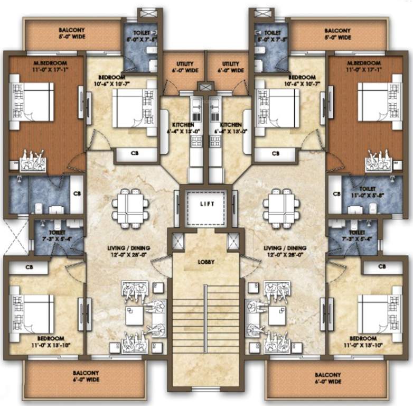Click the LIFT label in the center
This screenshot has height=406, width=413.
coord(207,204)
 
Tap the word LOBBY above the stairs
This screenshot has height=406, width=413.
coord(207,261)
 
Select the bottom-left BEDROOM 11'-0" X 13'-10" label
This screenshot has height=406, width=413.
coord(51,341)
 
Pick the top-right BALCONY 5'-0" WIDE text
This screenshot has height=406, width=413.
coord(337,34)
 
